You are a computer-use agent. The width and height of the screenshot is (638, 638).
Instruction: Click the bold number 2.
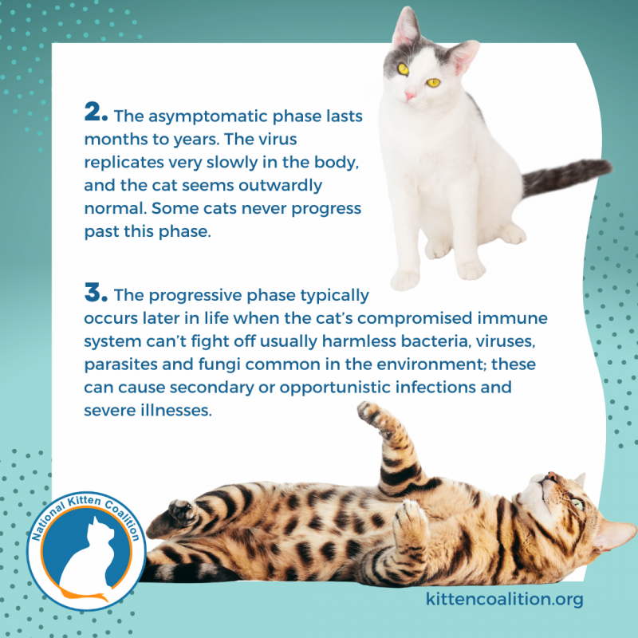tap(96, 113)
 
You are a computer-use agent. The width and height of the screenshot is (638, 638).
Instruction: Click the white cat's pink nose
tap(410, 96)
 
